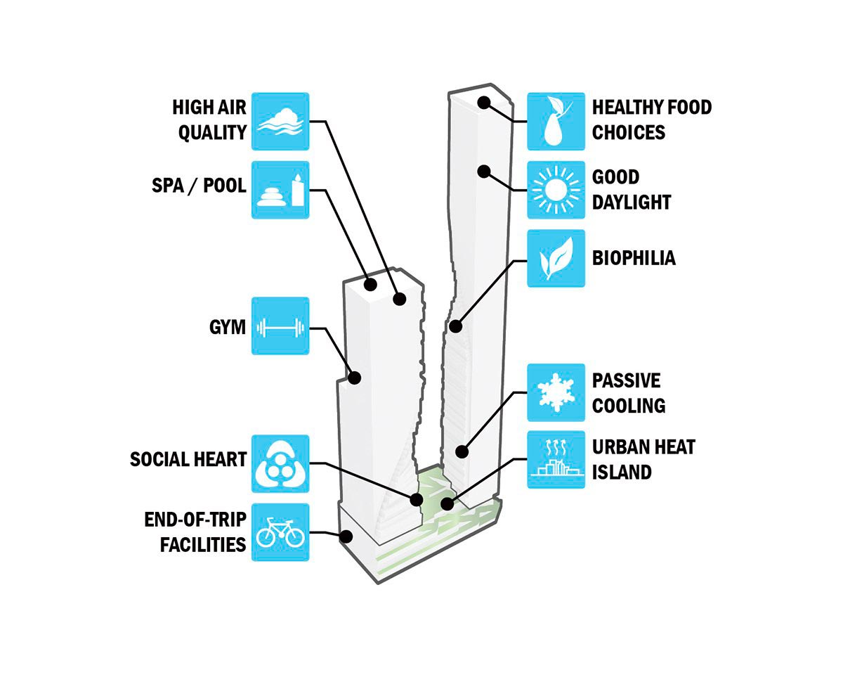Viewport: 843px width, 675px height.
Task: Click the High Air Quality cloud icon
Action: coord(280,121)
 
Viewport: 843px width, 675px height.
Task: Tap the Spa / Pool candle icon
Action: coord(280,190)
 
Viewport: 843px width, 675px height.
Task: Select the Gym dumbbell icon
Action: coord(280,327)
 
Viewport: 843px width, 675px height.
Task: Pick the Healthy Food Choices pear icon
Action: coord(556,121)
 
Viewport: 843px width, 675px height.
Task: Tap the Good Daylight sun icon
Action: coord(556,190)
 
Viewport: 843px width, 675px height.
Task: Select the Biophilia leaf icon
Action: coord(556,258)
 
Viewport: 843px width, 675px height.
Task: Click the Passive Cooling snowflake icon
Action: coord(556,392)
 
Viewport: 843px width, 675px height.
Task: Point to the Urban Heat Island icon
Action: coord(556,461)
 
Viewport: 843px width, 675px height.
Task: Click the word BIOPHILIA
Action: coord(633,258)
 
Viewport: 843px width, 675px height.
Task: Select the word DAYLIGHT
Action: coord(632,202)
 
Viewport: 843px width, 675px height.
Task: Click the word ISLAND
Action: coord(622,472)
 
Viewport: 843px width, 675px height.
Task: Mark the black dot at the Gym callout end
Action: coord(355,378)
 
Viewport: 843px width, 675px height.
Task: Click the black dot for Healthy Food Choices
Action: coord(483,102)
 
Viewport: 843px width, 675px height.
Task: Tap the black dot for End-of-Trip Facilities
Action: coord(346,536)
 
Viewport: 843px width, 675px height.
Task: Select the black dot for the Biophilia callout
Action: coord(455,326)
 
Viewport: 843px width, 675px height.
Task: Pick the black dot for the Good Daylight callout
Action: coord(483,171)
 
